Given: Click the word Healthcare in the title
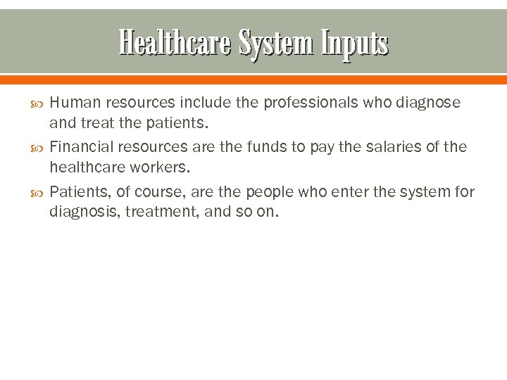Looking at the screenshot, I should tap(175, 44).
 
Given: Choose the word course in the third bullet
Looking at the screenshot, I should tap(153, 191).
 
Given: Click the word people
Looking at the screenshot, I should tap(269, 191).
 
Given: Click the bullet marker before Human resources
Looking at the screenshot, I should tap(37, 103).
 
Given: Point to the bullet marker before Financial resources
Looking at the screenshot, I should tap(37, 148).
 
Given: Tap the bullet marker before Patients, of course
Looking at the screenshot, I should tap(37, 192).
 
